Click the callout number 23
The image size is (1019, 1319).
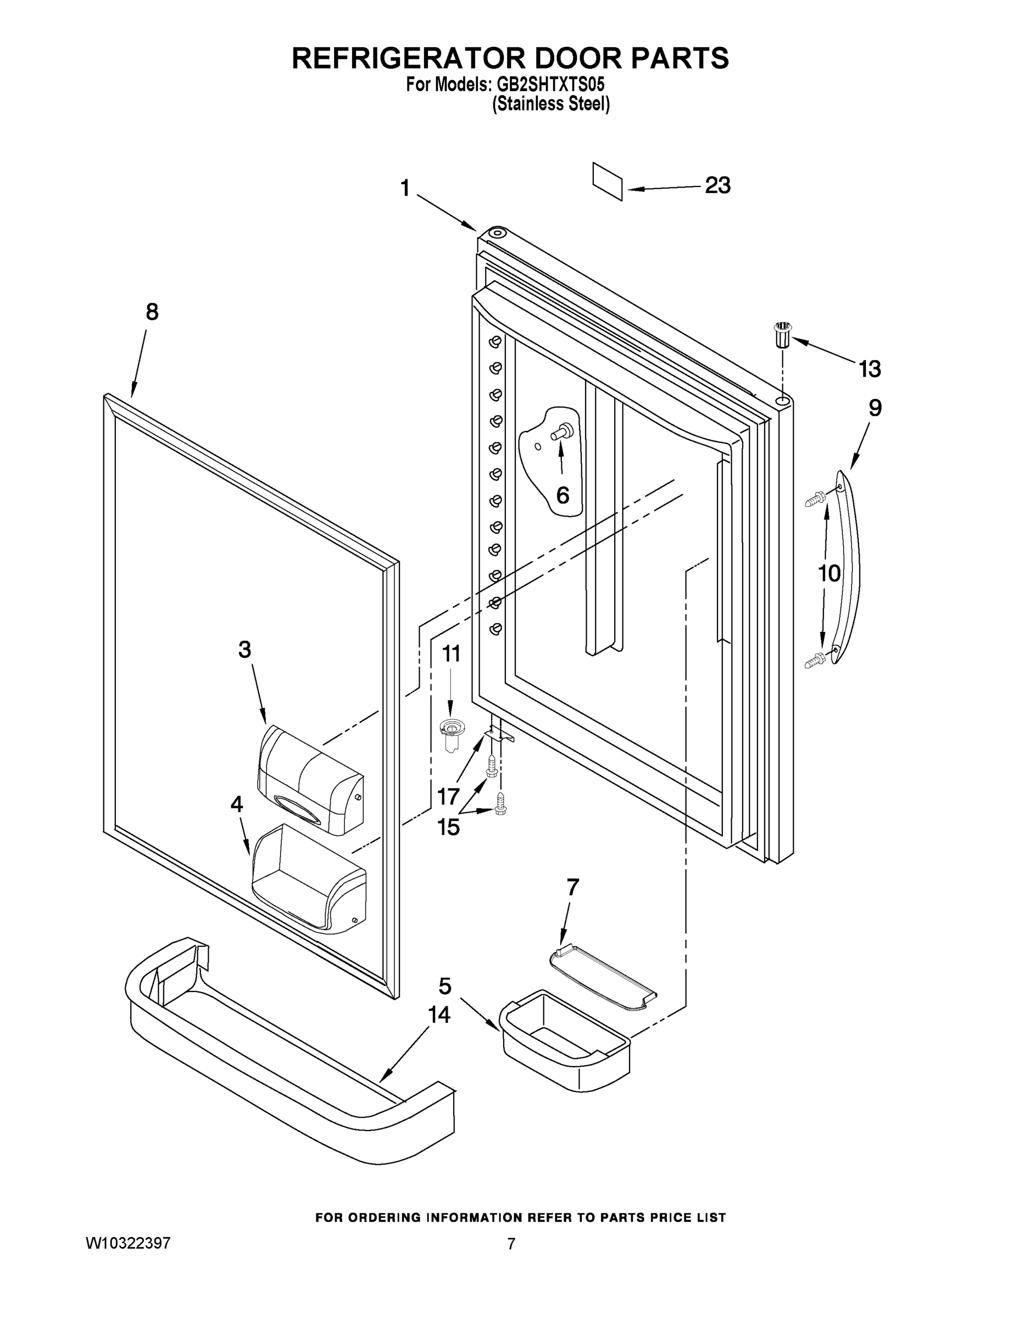click(717, 185)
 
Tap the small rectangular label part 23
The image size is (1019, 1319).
click(608, 181)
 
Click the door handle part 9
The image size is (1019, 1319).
click(848, 568)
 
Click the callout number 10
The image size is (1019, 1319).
click(829, 573)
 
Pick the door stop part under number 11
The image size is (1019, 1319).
click(450, 733)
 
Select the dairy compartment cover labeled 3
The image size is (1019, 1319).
click(310, 781)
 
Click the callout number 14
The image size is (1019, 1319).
click(439, 1015)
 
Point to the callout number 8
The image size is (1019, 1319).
click(152, 312)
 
